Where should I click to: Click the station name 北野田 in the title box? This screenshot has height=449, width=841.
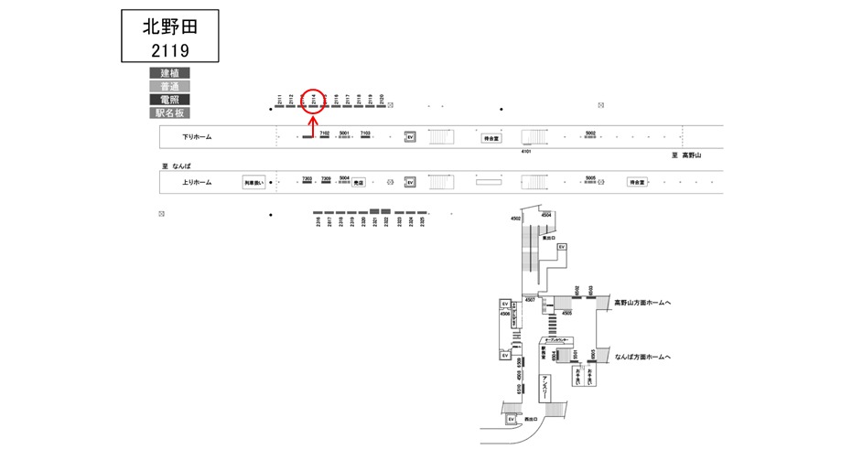(x=169, y=26)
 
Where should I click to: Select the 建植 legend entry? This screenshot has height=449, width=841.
(x=169, y=72)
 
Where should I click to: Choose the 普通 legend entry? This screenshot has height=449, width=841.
(x=169, y=86)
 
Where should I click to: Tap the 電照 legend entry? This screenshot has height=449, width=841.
(x=169, y=100)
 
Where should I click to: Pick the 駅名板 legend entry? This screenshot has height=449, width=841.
(x=169, y=113)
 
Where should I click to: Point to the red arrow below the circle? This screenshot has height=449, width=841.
(x=314, y=128)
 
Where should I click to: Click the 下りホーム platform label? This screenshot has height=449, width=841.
(x=197, y=137)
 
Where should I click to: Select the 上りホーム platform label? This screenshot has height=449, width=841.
(x=197, y=182)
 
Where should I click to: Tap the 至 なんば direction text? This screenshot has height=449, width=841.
(x=176, y=166)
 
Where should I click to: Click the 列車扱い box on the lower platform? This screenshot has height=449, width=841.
(x=253, y=183)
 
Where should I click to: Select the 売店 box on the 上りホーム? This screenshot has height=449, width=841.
(x=359, y=183)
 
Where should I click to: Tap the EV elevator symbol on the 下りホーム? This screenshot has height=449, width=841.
(x=411, y=137)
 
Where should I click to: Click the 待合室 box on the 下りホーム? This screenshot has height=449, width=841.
(x=492, y=138)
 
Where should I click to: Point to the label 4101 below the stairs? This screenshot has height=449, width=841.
(x=526, y=152)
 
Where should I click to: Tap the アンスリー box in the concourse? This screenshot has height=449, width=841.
(x=545, y=385)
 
